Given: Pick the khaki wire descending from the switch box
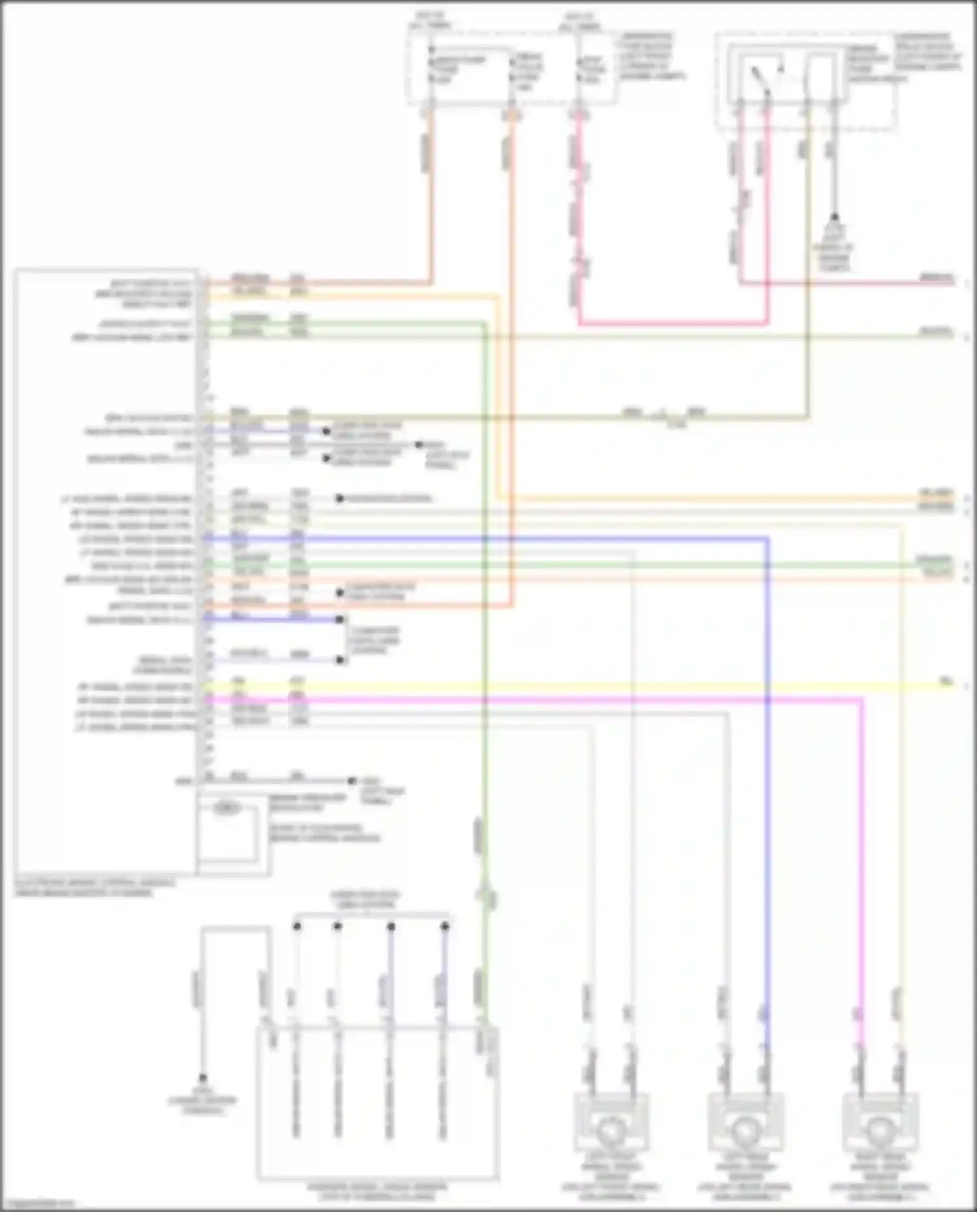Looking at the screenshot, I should click(808, 261).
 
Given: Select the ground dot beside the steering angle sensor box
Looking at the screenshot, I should click(203, 1078).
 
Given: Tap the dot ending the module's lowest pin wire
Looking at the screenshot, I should click(352, 780).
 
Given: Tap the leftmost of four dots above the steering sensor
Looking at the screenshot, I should click(297, 925).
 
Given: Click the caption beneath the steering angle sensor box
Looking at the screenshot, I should click(377, 1192).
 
